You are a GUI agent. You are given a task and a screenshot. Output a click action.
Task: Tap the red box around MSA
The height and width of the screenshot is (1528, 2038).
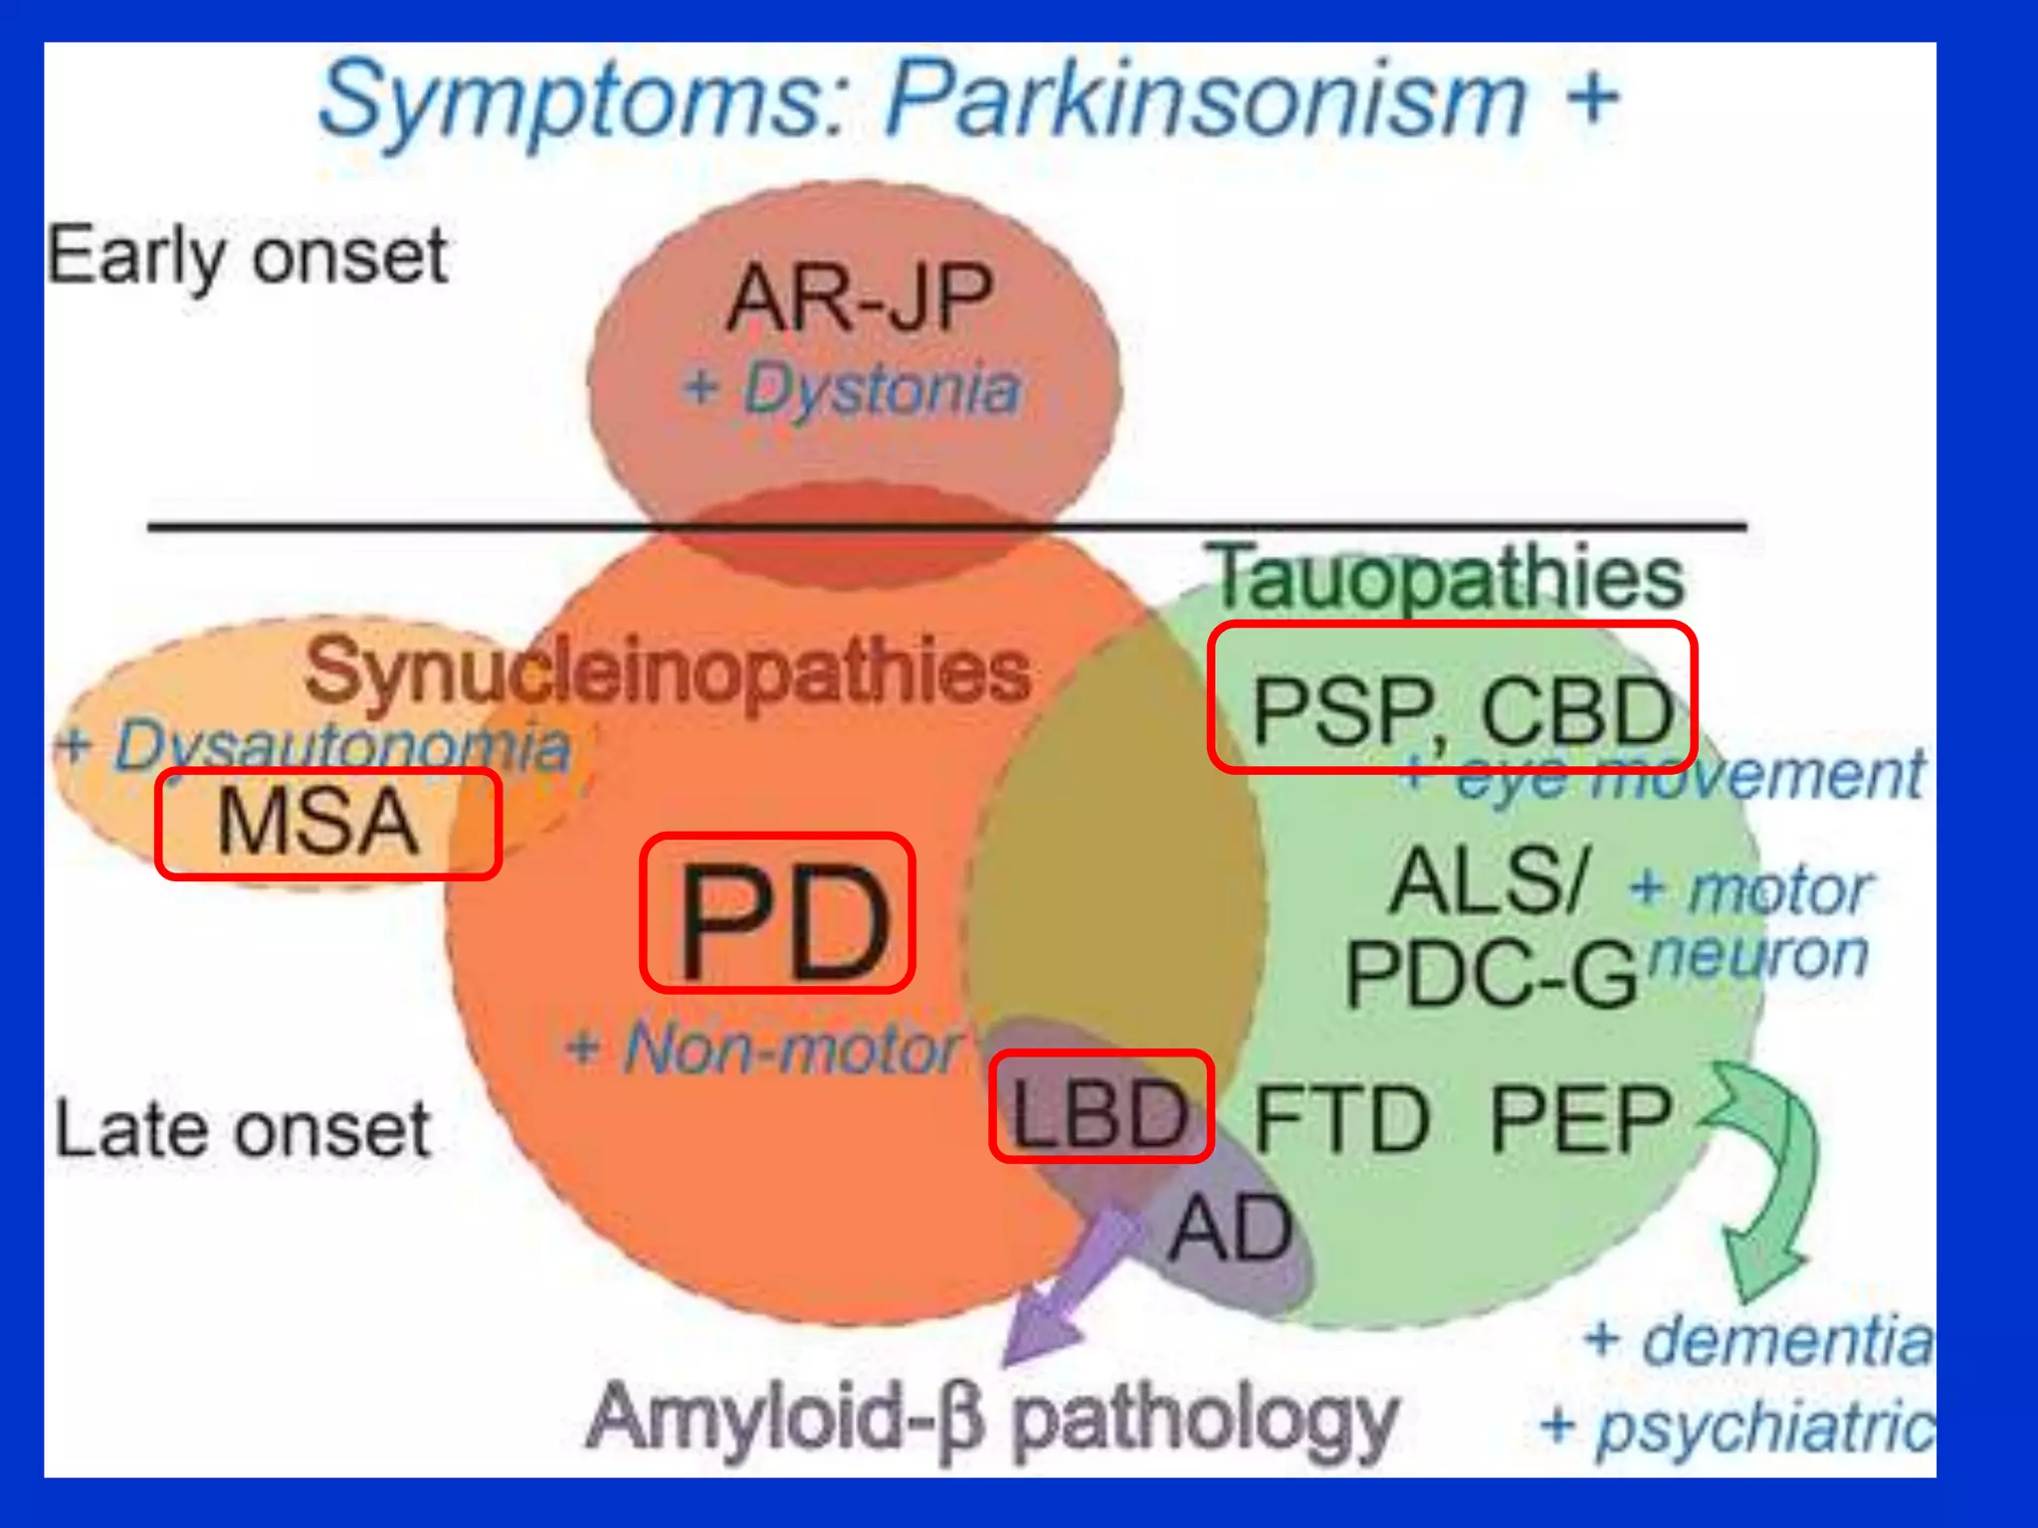[x=327, y=823]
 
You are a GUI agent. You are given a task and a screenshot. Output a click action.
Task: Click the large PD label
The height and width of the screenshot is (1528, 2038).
[x=778, y=914]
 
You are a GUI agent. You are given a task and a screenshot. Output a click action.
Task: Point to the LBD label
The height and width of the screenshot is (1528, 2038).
[x=1101, y=1106]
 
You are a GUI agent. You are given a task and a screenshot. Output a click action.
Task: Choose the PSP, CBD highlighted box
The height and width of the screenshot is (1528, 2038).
[x=1452, y=696]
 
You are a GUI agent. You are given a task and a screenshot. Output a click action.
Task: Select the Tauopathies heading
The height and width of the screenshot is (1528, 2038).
[x=1449, y=577]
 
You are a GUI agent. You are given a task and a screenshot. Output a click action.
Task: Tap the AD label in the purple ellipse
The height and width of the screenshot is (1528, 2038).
[x=1231, y=1230]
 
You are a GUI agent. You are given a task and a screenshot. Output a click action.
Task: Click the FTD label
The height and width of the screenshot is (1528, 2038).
[x=1341, y=1120]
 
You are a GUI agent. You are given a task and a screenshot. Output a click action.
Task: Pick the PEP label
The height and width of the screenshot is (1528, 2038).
[x=1580, y=1120]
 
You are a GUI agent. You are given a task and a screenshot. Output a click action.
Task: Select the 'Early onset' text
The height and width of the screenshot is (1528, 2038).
[x=247, y=257]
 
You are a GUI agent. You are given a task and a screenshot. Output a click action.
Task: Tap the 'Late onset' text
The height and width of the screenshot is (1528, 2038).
[x=243, y=1130]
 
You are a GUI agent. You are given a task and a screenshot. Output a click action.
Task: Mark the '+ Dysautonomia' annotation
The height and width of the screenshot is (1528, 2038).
[x=314, y=746]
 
